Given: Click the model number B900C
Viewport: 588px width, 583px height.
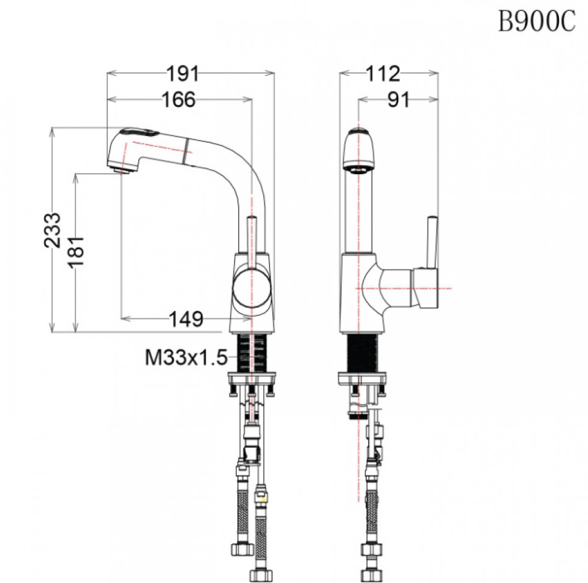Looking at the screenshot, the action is click(536, 21).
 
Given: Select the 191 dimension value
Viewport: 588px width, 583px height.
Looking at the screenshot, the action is click(183, 73).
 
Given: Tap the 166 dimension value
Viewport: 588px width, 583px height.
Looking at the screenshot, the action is click(178, 99).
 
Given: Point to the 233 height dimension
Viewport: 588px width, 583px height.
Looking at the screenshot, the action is click(52, 230).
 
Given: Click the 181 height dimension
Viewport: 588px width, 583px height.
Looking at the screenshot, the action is click(76, 252).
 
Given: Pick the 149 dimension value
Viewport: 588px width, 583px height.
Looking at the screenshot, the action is click(186, 319).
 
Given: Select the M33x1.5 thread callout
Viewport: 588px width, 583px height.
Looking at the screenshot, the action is click(186, 357).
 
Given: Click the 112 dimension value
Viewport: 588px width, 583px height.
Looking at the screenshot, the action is click(383, 73).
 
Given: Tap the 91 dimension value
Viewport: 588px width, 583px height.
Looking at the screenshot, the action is click(399, 99).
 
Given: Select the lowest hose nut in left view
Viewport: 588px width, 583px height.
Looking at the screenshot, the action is click(260, 575).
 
